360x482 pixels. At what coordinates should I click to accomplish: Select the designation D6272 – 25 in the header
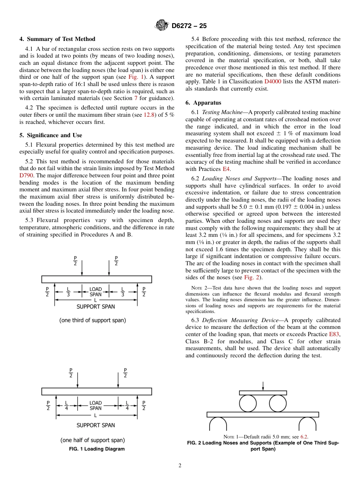point(189,26)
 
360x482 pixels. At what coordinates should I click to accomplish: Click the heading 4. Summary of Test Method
point(57,39)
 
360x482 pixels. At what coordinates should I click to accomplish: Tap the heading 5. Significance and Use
point(50,135)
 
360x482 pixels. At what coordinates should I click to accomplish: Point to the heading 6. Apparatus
point(203,103)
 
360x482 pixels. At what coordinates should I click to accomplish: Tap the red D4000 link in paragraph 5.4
point(272,81)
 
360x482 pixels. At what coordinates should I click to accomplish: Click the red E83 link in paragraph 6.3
point(334,334)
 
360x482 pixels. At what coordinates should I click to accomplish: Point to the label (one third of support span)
point(92,320)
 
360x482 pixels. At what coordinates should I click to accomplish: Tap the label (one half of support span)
point(92,440)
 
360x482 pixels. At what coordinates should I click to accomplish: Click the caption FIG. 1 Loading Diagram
point(97,449)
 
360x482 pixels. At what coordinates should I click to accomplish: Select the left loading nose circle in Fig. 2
point(248,404)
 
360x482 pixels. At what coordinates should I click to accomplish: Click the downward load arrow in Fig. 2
point(263,386)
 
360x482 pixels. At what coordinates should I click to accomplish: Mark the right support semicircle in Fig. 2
point(307,423)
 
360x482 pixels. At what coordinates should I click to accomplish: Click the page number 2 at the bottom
point(180,466)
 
